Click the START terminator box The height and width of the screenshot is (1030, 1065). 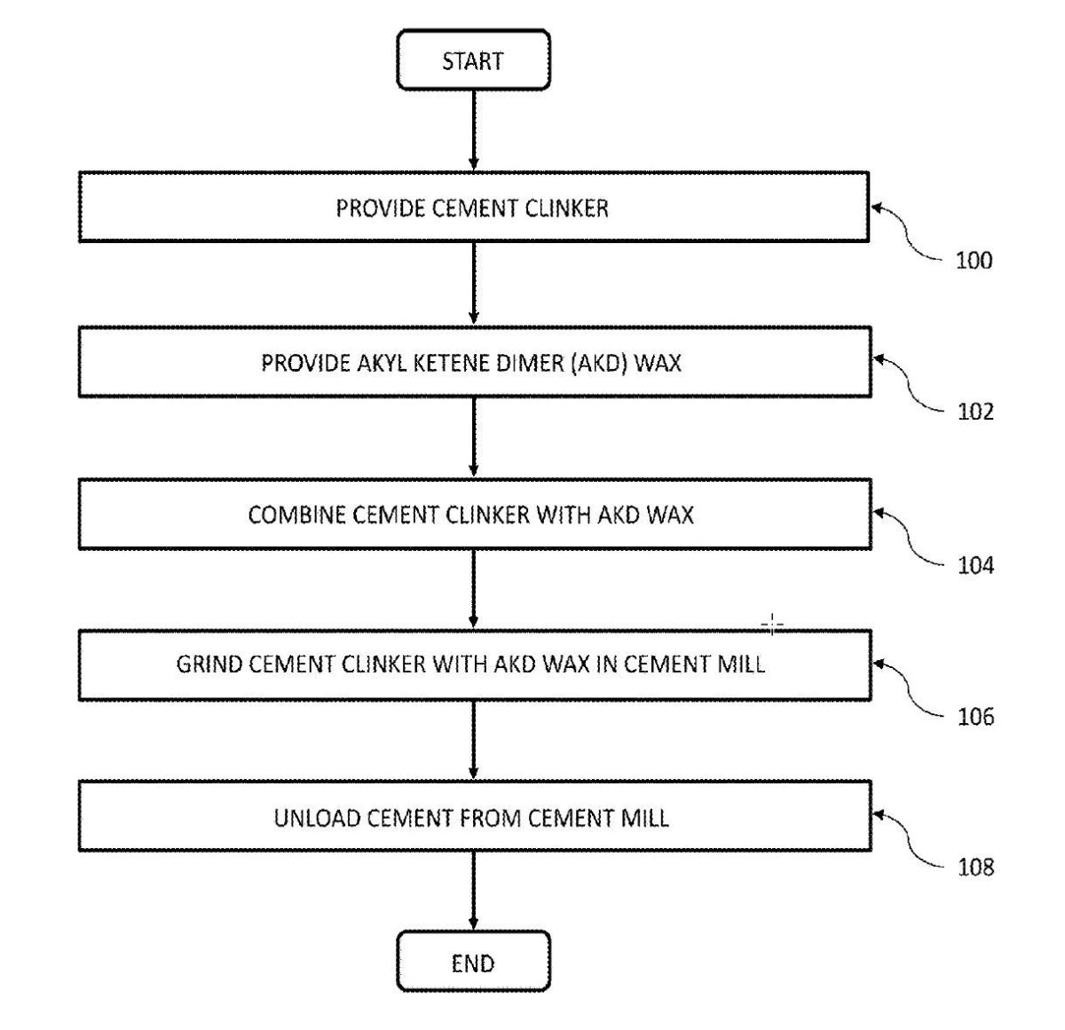473,60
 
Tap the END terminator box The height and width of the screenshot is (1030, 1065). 473,963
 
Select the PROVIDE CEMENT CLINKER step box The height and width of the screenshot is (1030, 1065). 473,208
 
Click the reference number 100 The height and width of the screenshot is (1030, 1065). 974,261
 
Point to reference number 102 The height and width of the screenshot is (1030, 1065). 975,412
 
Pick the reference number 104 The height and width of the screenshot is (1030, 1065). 975,565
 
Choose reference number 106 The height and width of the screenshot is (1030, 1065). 975,716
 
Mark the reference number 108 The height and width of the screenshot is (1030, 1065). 975,867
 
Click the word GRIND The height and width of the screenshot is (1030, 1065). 209,664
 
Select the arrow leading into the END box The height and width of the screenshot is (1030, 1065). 473,891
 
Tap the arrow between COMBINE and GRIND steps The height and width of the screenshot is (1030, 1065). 473,589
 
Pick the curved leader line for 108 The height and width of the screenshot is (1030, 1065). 909,838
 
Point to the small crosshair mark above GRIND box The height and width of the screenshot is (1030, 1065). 772,625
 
